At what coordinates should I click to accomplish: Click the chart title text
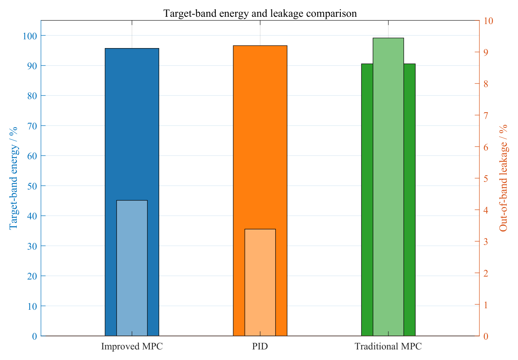click(260, 13)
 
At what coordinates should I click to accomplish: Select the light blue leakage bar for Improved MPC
click(132, 268)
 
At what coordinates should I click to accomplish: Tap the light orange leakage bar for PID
click(260, 282)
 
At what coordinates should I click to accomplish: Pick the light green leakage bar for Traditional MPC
click(388, 187)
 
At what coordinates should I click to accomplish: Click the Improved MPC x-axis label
click(132, 347)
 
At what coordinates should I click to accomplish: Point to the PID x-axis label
click(260, 347)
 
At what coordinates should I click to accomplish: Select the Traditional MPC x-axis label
click(388, 347)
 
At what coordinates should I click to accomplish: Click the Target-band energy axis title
click(13, 178)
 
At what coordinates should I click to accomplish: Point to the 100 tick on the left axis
click(30, 36)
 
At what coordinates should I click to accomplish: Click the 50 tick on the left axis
click(32, 186)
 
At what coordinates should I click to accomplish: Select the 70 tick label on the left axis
click(32, 126)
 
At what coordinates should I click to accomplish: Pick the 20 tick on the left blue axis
click(32, 276)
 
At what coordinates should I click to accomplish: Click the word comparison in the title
click(331, 14)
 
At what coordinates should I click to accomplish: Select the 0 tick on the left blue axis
click(35, 336)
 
